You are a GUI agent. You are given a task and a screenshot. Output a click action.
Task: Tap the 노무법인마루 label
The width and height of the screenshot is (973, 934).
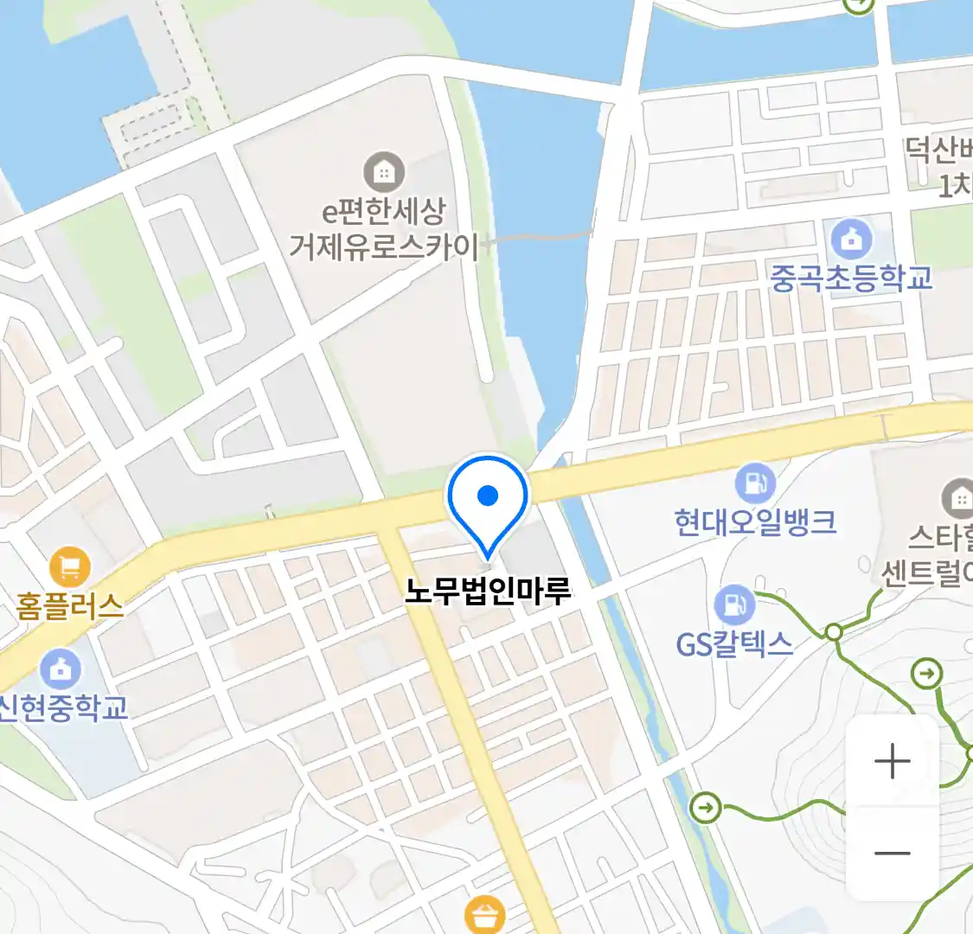point(489,592)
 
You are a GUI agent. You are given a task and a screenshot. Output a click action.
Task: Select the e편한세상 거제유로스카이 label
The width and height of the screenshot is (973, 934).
point(384,229)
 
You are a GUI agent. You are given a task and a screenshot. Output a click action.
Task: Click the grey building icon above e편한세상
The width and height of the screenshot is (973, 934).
point(384,172)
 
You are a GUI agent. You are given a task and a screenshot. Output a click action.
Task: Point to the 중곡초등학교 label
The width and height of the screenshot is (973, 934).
point(851,278)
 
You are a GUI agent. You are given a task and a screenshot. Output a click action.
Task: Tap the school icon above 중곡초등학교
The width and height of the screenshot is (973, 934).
point(851,239)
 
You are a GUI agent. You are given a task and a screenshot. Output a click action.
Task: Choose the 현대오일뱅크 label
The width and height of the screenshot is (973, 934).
point(755,521)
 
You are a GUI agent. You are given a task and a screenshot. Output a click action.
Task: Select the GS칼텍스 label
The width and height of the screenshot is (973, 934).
point(734,644)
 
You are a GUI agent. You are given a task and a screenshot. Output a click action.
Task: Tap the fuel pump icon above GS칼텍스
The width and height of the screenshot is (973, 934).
point(734,605)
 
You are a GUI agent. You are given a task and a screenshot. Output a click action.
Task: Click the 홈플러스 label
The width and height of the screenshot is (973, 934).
point(69,606)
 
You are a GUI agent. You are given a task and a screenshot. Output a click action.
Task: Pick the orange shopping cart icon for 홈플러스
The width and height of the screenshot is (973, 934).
point(70,567)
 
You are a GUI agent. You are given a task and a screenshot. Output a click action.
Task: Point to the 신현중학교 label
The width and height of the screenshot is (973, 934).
point(64,707)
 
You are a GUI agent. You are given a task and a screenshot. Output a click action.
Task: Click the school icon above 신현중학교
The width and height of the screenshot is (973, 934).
point(61,669)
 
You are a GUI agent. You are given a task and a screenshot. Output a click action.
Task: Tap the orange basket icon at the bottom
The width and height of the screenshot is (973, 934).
point(484,915)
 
